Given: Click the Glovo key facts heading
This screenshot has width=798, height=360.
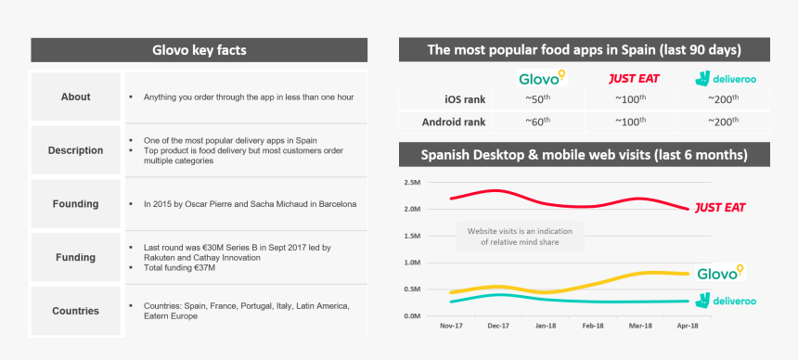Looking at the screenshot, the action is (199, 50).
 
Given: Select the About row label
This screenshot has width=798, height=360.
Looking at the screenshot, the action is (75, 96).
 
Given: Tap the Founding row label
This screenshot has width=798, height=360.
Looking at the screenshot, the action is (75, 204).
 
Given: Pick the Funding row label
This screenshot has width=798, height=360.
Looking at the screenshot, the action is (75, 257).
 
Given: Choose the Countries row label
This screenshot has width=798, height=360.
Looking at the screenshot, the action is (75, 311).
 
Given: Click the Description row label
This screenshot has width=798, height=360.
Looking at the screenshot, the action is (75, 150).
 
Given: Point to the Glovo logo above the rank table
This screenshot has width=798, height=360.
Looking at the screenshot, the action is (542, 77).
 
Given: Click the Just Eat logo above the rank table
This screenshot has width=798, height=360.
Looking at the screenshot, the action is (634, 79).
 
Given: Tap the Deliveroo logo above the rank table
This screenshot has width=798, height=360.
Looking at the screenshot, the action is (726, 78).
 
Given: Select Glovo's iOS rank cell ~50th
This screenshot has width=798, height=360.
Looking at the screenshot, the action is (538, 98).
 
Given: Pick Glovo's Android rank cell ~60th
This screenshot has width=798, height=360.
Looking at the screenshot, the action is (538, 122).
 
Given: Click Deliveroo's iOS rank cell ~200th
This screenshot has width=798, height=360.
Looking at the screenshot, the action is (723, 98).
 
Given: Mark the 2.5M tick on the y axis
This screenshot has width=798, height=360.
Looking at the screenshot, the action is (412, 182).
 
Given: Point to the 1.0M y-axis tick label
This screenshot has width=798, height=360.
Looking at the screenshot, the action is (412, 263).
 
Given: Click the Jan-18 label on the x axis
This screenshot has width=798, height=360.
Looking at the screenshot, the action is (546, 326).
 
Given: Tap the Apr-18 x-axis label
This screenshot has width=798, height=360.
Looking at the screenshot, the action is (688, 326).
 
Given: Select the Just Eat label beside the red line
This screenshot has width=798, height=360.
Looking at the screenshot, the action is (720, 208).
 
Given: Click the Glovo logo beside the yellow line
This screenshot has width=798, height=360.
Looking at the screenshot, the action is (720, 273).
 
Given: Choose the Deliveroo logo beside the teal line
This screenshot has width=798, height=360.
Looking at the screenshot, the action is (726, 301).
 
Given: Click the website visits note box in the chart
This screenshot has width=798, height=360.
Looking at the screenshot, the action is (520, 237).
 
